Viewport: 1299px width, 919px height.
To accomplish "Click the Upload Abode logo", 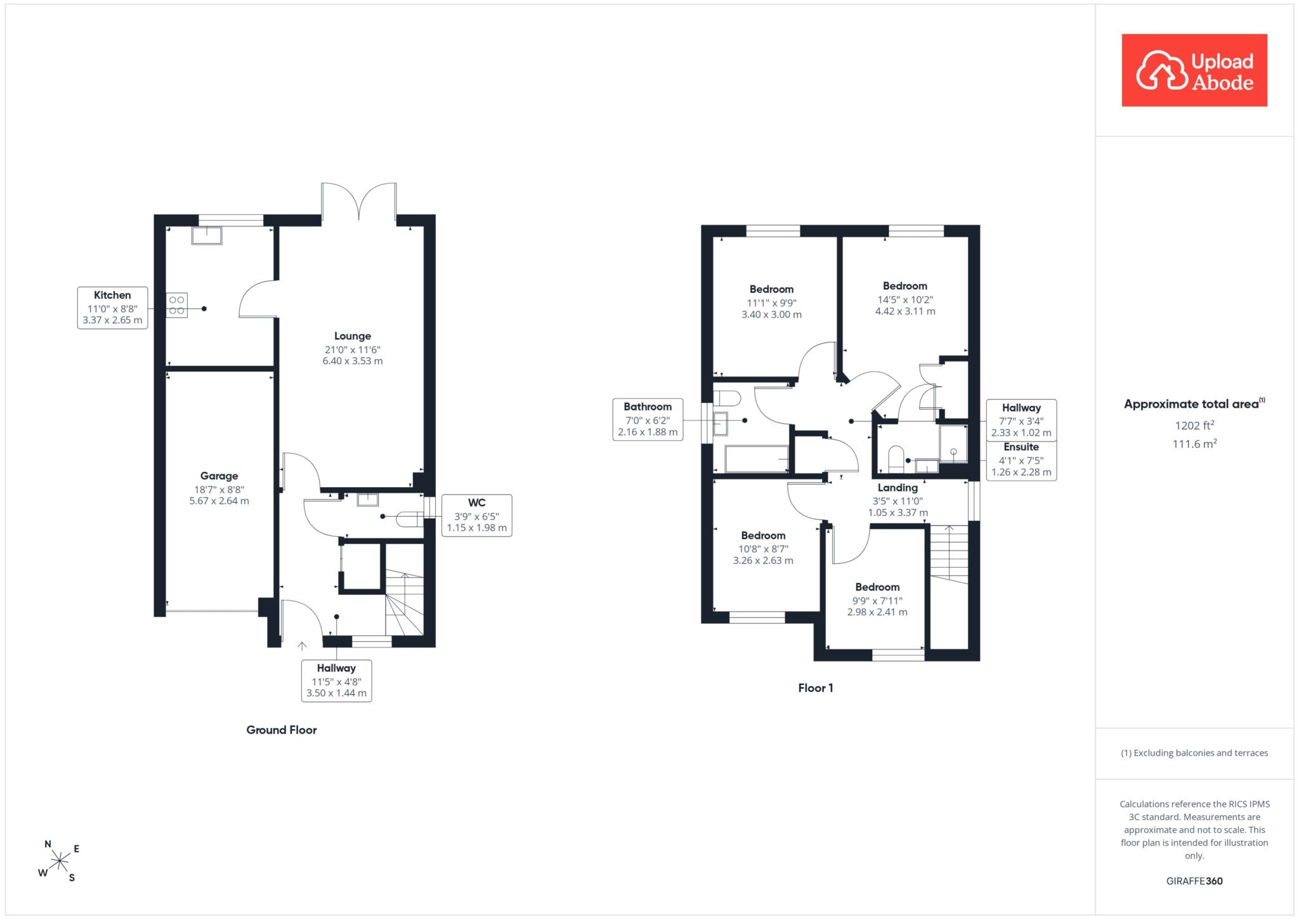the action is coord(1194,70).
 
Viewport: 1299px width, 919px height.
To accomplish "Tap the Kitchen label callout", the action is coord(113,308).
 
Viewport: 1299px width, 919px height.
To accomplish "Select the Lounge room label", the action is coord(353,348).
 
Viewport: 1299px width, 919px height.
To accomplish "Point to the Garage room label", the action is coord(219,488).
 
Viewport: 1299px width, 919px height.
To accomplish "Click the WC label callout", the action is coord(476,515).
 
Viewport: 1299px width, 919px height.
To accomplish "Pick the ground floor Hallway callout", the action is coord(336,681).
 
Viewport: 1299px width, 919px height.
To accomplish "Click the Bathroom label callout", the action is coord(648,419).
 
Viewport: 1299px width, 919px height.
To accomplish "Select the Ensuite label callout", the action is coord(1021,460).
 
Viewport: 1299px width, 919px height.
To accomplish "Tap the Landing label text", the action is coord(898,488).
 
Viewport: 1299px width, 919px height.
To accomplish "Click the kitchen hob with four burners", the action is coord(177,304).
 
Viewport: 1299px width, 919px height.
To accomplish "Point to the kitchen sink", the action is coord(207,235).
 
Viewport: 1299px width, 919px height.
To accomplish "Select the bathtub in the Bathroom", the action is coord(756,459).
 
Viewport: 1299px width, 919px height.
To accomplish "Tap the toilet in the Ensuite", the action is coord(896,460).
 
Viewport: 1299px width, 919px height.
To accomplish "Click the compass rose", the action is coord(60,861).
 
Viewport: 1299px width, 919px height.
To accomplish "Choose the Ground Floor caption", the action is coord(282,730).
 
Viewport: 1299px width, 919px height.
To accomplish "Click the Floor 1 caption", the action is coord(816,688).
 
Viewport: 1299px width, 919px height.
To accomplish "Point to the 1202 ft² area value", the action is coord(1194,425).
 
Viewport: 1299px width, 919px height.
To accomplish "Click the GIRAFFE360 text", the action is coord(1194,881).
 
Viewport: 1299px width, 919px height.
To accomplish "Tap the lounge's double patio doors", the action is coord(359,202).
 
